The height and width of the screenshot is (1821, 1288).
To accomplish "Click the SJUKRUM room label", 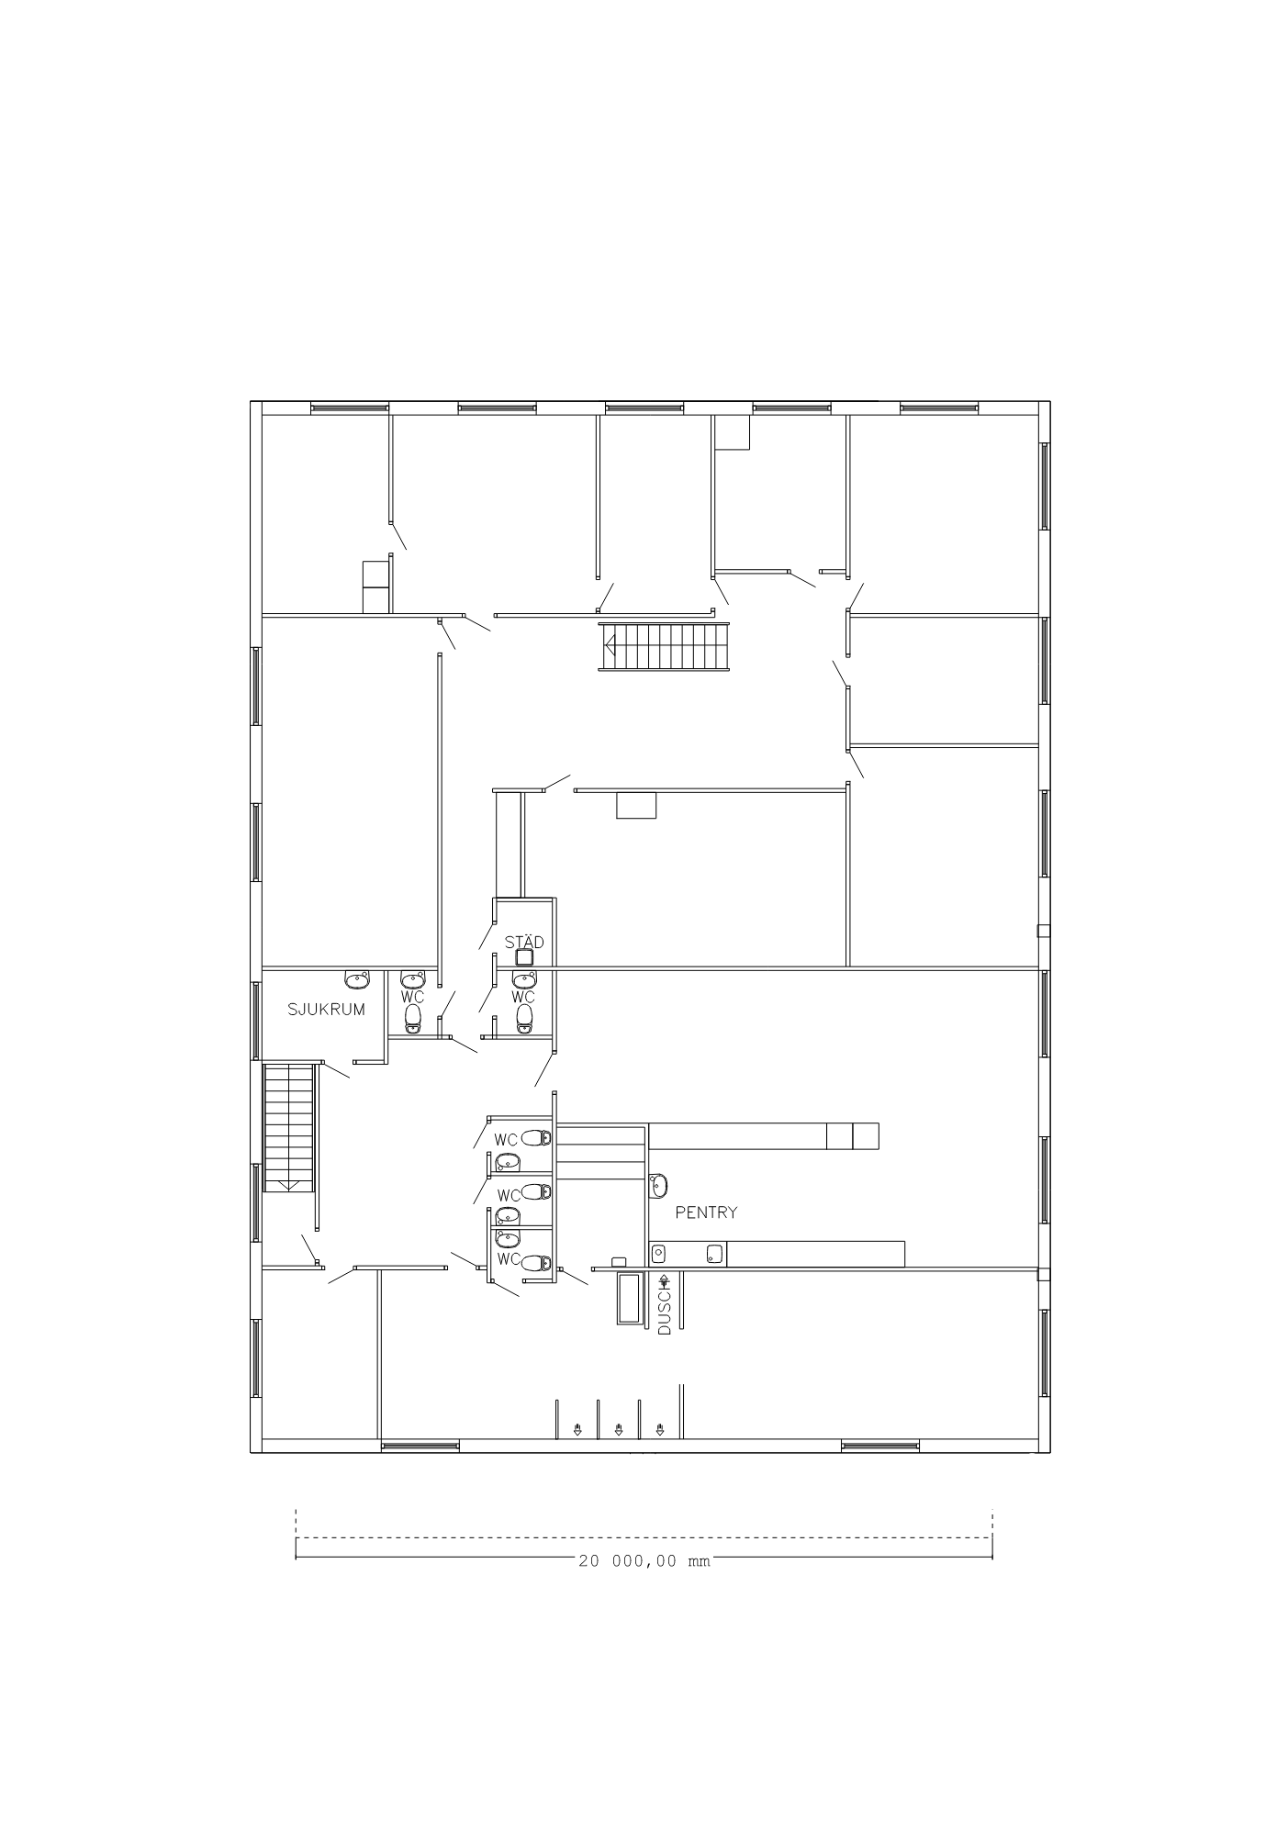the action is coord(326,1010).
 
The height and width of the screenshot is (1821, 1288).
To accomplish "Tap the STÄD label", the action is coord(524,941).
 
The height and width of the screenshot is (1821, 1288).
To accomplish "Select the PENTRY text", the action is coord(706,1212).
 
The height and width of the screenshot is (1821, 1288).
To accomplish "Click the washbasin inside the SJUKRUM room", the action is coord(357,979).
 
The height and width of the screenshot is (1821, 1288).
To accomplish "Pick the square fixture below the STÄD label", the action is coord(524,957).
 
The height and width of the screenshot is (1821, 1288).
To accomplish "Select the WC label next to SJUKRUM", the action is coord(412,996).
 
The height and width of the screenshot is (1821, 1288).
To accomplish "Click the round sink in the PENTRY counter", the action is coord(658,1253).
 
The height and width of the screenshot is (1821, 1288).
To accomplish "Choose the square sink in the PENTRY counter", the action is coord(714,1253).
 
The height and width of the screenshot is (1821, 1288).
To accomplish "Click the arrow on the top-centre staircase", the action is coord(610,645).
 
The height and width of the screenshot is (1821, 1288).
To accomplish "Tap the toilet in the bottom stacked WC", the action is coord(536,1263).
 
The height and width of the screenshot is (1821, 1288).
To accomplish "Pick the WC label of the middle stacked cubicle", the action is coord(509,1195).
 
